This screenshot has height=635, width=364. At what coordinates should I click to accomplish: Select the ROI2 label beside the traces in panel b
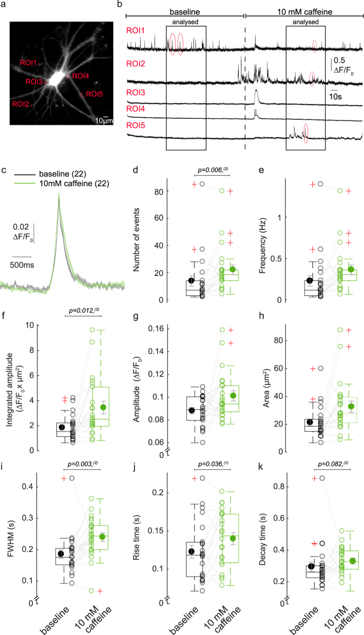point(134,64)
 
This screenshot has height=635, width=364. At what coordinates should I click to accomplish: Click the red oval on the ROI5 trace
point(306,133)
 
